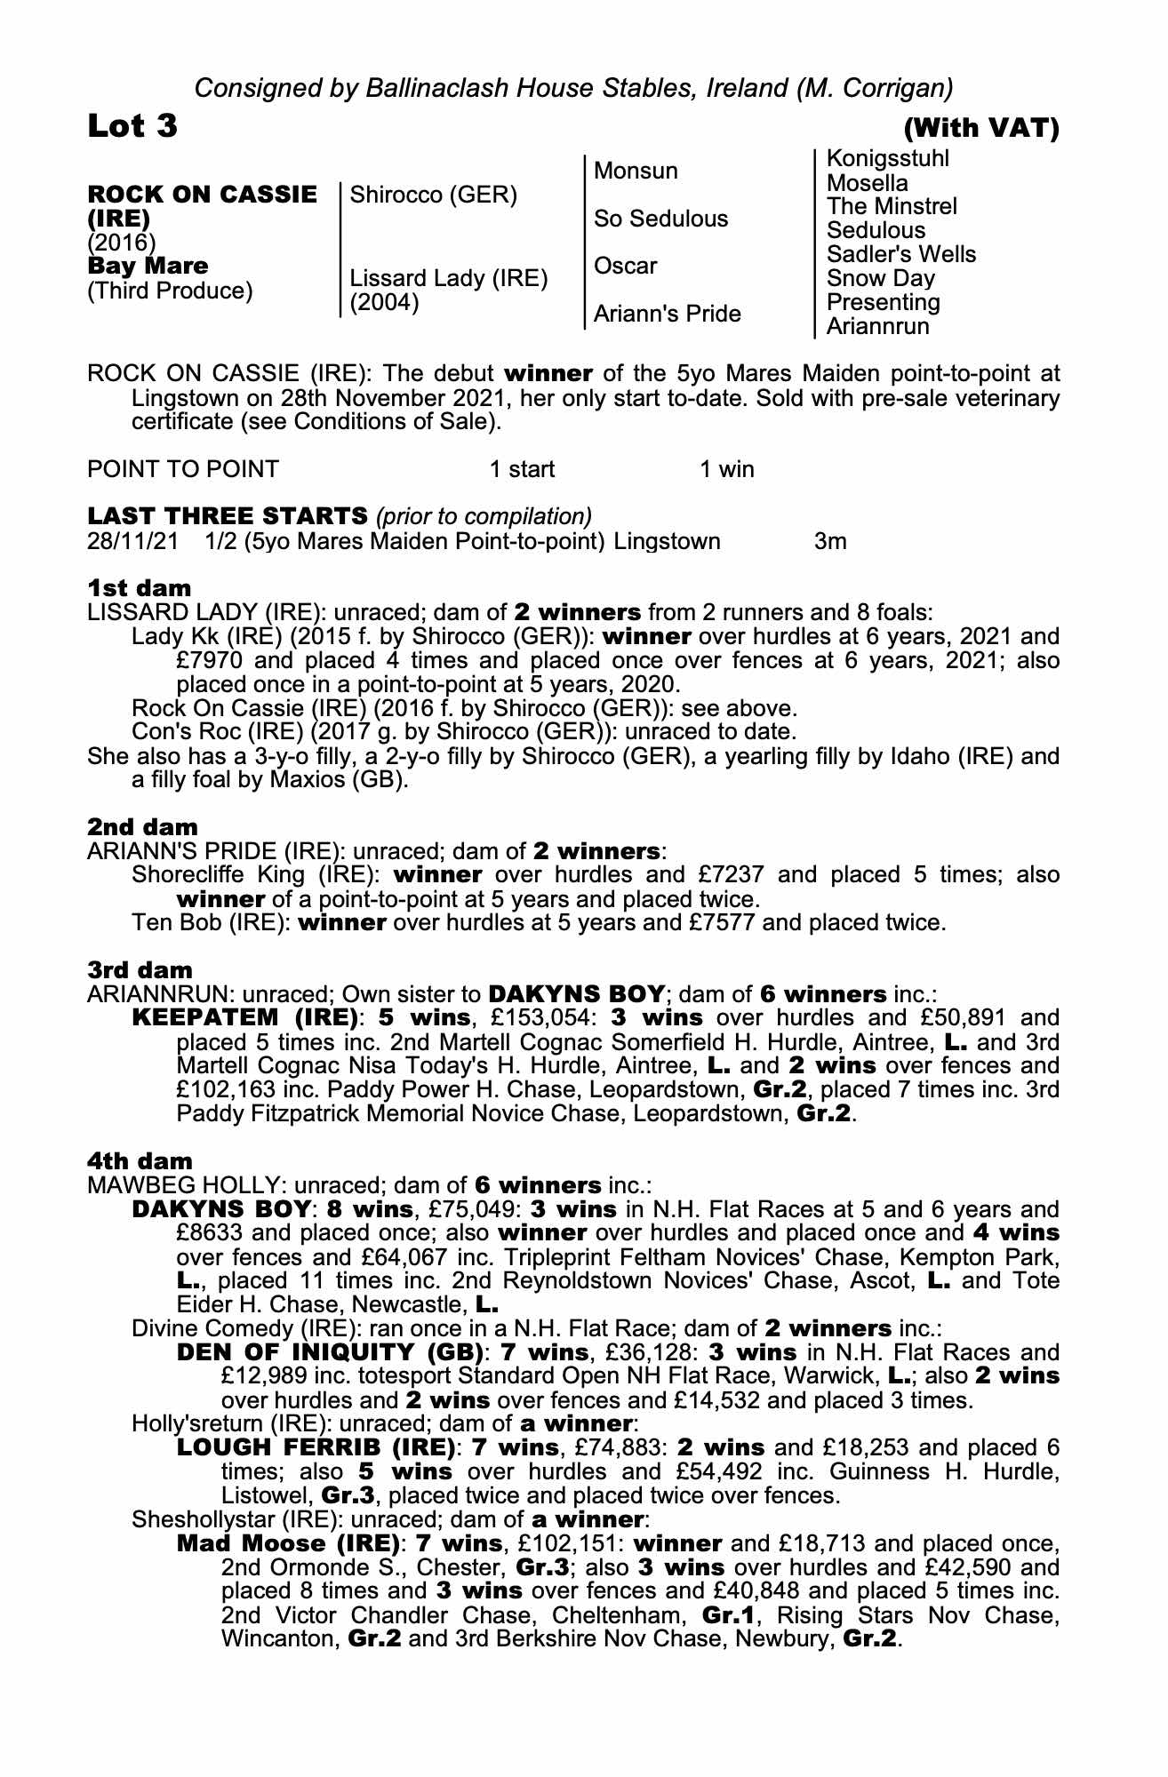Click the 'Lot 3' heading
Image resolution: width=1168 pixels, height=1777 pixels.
click(132, 127)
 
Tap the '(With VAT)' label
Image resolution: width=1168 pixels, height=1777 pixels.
click(981, 130)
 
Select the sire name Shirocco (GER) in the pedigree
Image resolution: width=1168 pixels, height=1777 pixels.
click(434, 195)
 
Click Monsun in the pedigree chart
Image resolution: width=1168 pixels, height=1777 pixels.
click(636, 171)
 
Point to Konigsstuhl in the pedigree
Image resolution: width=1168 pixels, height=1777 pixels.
click(887, 159)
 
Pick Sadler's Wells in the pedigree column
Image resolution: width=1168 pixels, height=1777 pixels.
click(900, 254)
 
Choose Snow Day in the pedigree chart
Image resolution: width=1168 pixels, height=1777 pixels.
click(880, 278)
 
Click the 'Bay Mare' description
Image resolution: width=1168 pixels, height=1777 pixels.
click(148, 266)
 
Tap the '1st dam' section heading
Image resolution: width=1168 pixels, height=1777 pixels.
click(139, 588)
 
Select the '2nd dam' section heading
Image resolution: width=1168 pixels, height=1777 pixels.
click(142, 826)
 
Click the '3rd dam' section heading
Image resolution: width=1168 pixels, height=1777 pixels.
click(140, 969)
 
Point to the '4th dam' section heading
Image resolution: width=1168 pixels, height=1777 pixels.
click(140, 1160)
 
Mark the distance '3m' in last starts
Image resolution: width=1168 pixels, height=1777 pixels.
click(830, 541)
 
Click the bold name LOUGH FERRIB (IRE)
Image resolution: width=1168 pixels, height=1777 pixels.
click(316, 1448)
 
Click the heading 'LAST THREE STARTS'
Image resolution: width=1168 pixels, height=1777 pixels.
click(227, 516)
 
